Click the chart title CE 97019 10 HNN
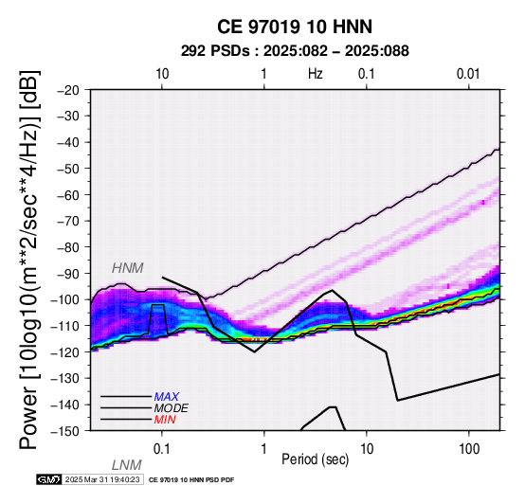click(295, 27)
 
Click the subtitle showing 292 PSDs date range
click(295, 51)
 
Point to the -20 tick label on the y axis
click(68, 90)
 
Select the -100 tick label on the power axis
click(64, 299)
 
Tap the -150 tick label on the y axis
click(64, 431)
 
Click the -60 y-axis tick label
click(68, 195)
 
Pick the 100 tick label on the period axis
click(469, 449)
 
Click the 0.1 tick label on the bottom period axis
click(161, 449)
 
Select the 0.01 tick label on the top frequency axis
click(468, 74)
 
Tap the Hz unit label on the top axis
click(315, 74)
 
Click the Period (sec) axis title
click(315, 459)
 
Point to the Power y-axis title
click(29, 260)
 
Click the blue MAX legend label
click(167, 397)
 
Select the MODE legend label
click(172, 408)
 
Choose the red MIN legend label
click(165, 420)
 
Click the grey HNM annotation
click(128, 268)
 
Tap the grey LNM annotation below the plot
click(127, 465)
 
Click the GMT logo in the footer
click(49, 479)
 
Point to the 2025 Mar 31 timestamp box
click(102, 479)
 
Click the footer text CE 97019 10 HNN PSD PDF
click(191, 480)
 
